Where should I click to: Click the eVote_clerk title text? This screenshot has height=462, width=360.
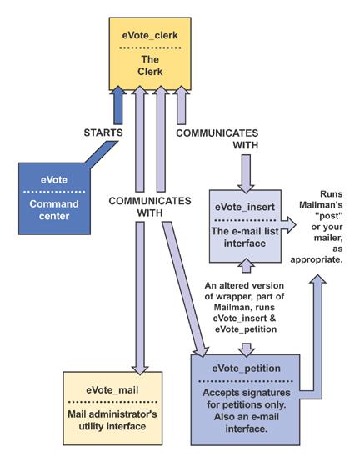150,35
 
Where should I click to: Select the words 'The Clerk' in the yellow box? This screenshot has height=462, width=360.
150,65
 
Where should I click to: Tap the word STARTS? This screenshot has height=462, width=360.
103,133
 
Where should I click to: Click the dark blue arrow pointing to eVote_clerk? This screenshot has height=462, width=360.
118,105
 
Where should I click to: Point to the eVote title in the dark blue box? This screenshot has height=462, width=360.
54,180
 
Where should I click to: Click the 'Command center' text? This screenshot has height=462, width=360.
54,210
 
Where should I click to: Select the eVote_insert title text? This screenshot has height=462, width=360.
245,207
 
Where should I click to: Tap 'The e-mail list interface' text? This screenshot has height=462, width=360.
245,237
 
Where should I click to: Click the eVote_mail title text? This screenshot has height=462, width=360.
112,390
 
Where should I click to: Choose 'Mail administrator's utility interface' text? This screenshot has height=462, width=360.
112,420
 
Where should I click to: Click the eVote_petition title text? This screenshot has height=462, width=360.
246,369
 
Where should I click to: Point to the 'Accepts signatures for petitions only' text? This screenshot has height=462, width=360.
247,399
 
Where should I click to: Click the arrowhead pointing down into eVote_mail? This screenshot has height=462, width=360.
140,370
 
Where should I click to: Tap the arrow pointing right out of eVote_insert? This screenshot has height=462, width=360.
288,225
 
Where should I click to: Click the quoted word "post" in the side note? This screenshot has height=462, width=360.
329,216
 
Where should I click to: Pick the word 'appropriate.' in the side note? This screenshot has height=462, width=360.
317,260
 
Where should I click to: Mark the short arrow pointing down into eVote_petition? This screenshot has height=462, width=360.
246,349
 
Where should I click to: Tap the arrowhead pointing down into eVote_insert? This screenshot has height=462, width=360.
246,188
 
